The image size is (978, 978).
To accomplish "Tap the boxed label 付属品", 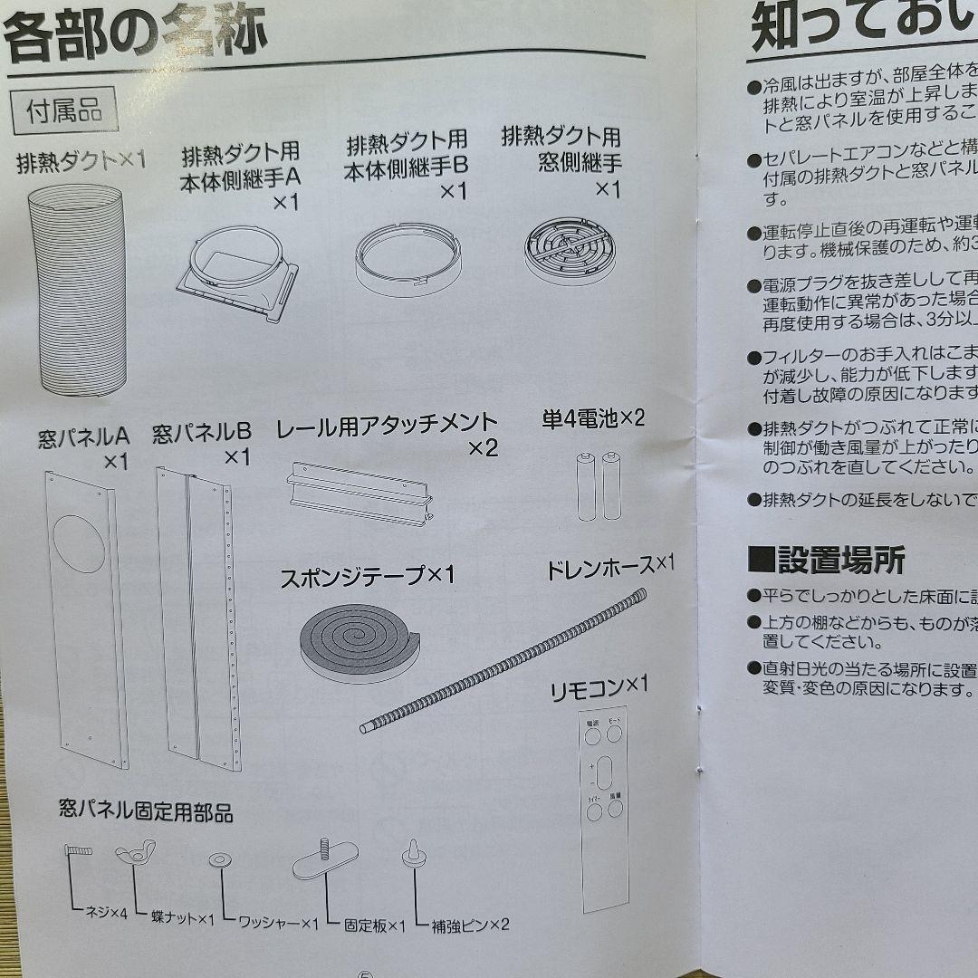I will coord(63,111).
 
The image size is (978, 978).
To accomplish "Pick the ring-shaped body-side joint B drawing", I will coord(408,257).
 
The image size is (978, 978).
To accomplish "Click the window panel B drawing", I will coord(197,616).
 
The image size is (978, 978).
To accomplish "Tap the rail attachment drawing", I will coord(359,494).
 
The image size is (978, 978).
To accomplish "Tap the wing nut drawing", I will coord(135,852).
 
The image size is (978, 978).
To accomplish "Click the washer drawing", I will coord(218,859).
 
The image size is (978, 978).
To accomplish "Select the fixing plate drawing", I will coord(323,857).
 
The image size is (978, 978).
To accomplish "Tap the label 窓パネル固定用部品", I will coord(145,811).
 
